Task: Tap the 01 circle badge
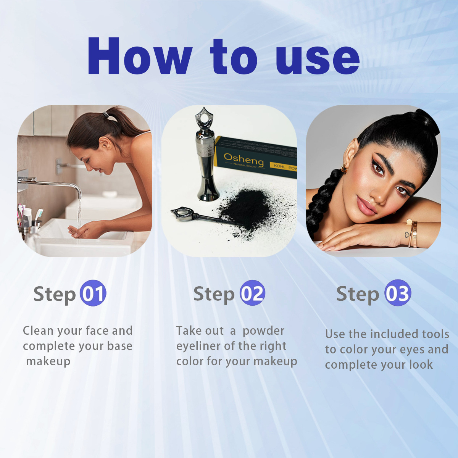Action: tap(93, 293)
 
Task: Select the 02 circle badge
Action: tap(252, 293)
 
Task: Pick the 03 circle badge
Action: tap(398, 293)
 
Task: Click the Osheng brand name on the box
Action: tap(244, 160)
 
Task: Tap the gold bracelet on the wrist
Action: tap(412, 234)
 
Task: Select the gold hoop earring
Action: tap(343, 168)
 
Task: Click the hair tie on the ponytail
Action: tap(105, 115)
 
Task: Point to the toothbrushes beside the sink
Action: tap(29, 215)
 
